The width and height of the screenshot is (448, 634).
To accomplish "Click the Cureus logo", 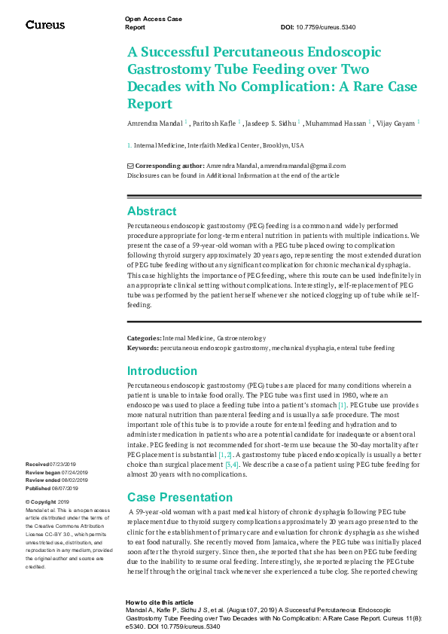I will pyautogui.click(x=45, y=25).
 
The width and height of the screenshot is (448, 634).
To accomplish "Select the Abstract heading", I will pyautogui.click(x=151, y=211).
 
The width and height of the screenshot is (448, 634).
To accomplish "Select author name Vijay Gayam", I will pyautogui.click(x=395, y=123).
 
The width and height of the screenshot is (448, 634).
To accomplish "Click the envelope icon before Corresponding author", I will pyautogui.click(x=130, y=166).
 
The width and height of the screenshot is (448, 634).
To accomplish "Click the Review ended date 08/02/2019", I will pyautogui.click(x=74, y=480).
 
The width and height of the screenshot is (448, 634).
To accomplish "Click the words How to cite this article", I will pyautogui.click(x=159, y=603).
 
